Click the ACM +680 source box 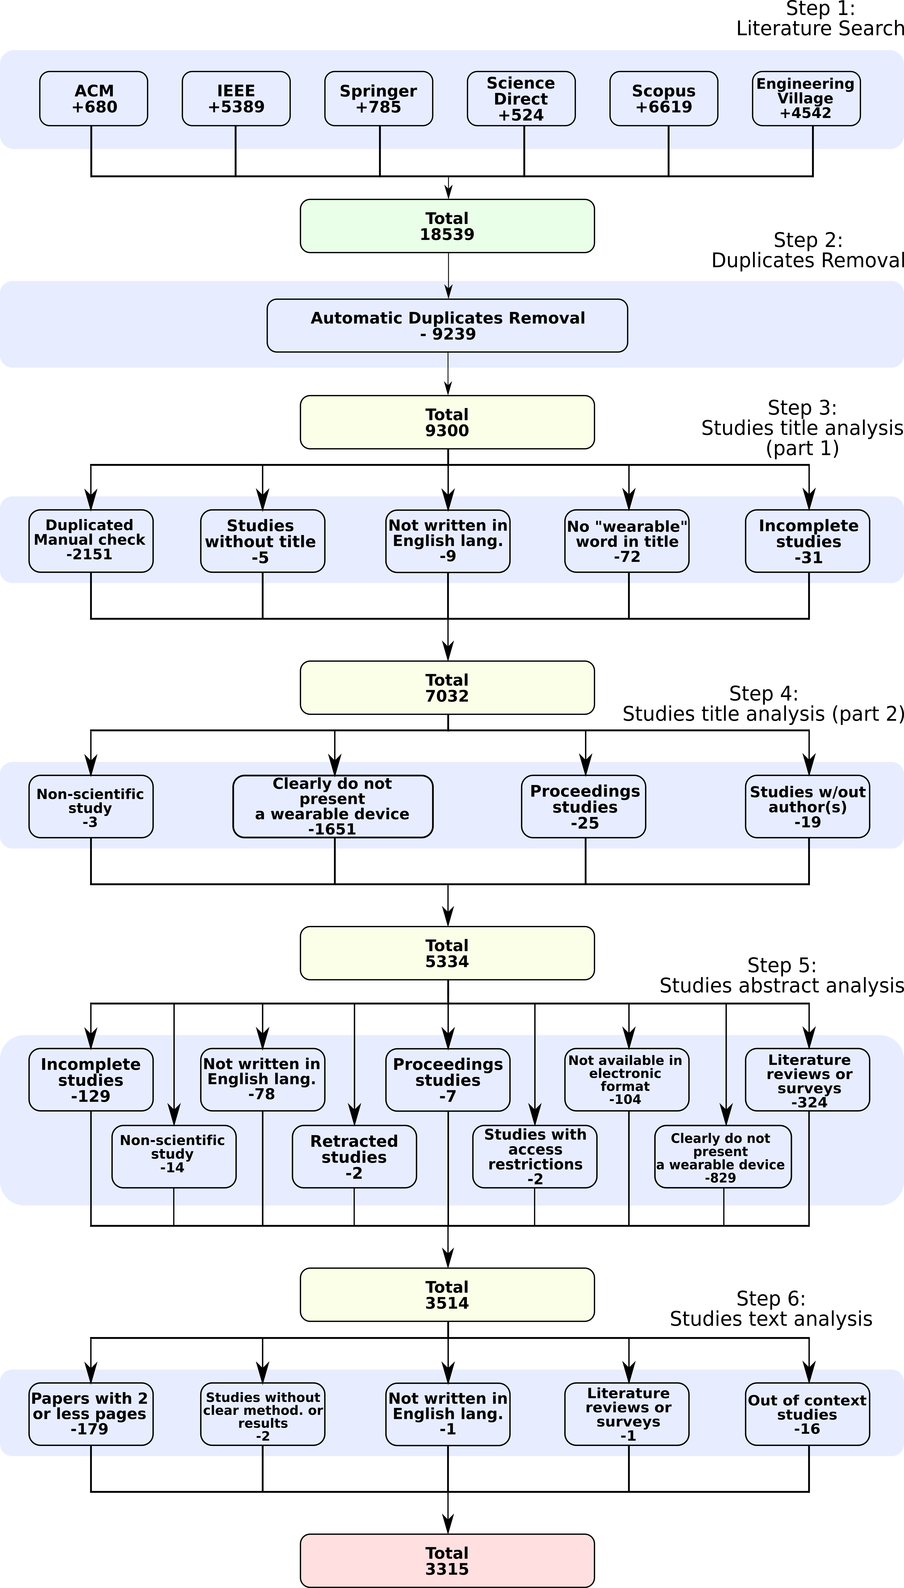(x=94, y=99)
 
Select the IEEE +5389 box (x=236, y=99)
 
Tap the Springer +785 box (x=379, y=99)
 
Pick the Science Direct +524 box (x=521, y=99)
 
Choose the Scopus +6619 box (x=664, y=99)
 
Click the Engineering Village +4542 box (x=806, y=99)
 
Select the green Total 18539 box (x=447, y=226)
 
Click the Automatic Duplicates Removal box (x=447, y=325)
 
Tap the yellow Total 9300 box (x=447, y=422)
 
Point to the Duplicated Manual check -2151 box (x=91, y=541)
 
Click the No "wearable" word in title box (x=627, y=541)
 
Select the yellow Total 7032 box (x=447, y=687)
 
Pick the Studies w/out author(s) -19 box (x=807, y=806)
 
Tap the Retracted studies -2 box (x=354, y=1156)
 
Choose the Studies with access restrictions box (x=535, y=1156)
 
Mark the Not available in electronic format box (x=627, y=1079)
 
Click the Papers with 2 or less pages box (x=91, y=1414)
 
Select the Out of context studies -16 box (x=807, y=1414)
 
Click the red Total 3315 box (x=447, y=1561)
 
